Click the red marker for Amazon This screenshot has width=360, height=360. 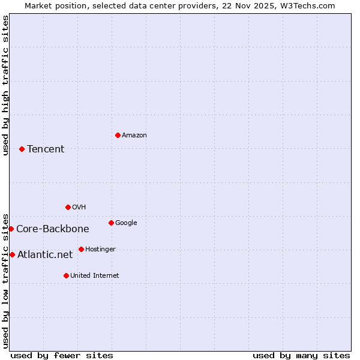(118, 135)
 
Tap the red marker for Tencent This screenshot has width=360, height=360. (22, 149)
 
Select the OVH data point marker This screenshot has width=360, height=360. (68, 207)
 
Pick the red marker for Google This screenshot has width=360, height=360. (111, 223)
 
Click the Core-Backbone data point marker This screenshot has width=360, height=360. (11, 229)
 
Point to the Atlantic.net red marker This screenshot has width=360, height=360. (12, 254)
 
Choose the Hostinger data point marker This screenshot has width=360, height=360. (81, 249)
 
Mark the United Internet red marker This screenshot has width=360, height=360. (66, 275)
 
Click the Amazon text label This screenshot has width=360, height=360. (134, 136)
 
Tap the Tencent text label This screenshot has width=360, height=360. (46, 149)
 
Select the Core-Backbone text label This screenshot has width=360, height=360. (53, 229)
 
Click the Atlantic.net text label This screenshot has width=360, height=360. (45, 255)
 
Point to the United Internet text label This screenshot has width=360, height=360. (95, 276)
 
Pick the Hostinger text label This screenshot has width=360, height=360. (100, 250)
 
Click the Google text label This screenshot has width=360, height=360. (126, 223)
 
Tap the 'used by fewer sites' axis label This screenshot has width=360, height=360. (62, 355)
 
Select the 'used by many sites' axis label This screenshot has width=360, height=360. (301, 355)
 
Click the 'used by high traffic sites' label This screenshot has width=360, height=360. (5, 85)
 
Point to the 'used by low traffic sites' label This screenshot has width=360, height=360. (5, 280)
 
